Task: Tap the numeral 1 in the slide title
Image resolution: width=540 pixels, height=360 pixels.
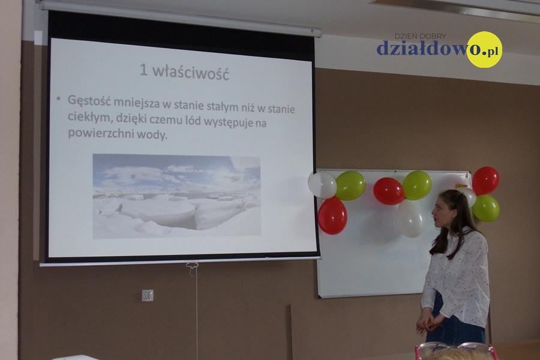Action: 143,70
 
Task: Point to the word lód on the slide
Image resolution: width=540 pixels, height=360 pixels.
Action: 193,121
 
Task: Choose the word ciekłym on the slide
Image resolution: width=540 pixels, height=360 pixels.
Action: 91,118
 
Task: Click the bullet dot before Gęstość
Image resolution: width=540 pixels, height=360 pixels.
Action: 59,99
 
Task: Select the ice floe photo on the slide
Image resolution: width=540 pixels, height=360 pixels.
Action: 176,196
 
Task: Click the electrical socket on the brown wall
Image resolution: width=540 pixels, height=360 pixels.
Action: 148,295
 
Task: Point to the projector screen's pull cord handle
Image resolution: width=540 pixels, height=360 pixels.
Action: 192,265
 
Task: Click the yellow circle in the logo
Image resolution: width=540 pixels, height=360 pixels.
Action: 484,49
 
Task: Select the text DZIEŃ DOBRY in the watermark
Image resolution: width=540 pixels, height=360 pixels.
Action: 420,36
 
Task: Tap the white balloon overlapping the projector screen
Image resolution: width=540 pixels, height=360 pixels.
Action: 322,185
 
